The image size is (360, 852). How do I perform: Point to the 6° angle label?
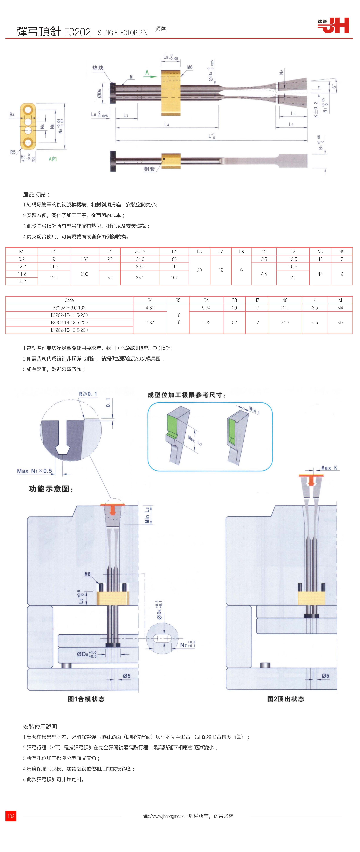(x=334, y=87)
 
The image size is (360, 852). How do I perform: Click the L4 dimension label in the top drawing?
(x=167, y=125)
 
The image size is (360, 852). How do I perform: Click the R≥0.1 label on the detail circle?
(x=88, y=394)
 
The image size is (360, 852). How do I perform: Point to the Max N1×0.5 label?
(x=34, y=471)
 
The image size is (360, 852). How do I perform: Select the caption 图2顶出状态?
(x=286, y=699)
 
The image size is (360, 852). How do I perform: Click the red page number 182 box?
(x=11, y=816)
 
